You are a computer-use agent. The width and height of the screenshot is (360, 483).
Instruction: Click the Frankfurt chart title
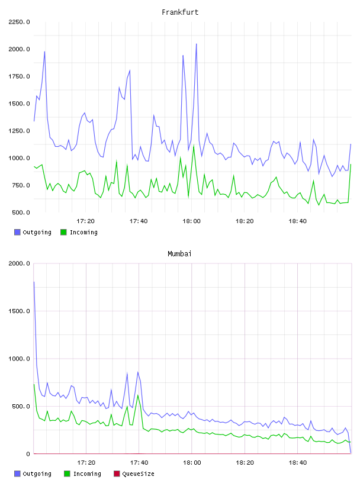coord(180,12)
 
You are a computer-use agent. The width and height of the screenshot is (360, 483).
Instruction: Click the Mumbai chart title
coord(179,254)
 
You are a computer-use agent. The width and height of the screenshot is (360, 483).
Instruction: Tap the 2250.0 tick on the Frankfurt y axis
coord(19,22)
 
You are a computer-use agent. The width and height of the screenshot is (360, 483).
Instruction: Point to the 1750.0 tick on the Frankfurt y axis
coord(19,76)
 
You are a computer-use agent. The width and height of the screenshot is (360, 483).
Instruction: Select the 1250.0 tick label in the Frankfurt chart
coord(19,131)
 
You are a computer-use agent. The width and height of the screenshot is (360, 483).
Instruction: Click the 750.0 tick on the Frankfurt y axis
coord(21,185)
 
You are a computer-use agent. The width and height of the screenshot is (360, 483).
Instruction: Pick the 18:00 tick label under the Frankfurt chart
coord(191,221)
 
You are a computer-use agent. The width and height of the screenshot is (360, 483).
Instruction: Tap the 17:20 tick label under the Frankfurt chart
coord(85,221)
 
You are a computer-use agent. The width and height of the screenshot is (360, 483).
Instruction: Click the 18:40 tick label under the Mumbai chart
coord(298,463)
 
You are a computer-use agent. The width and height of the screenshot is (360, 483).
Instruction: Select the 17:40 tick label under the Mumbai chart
coord(139,463)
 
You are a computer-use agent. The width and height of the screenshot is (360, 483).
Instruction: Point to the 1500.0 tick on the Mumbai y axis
coord(19,311)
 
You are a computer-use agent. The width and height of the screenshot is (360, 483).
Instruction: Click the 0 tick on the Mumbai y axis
coord(28,454)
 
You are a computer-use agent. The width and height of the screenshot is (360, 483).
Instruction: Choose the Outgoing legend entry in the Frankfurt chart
coord(33,232)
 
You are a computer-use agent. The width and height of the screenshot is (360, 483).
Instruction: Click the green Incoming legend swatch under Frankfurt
coord(63,232)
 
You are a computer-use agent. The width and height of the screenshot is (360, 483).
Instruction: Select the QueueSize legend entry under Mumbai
coord(134,474)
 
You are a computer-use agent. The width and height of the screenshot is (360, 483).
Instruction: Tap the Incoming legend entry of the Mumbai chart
coord(83,474)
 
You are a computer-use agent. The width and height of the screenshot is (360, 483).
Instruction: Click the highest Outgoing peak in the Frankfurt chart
coord(197,44)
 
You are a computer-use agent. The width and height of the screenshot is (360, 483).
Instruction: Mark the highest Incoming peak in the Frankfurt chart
coord(194,145)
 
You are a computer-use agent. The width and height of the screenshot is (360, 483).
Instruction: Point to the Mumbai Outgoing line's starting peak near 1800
coord(34,282)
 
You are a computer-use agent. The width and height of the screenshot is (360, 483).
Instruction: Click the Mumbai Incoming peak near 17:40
coord(138,395)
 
